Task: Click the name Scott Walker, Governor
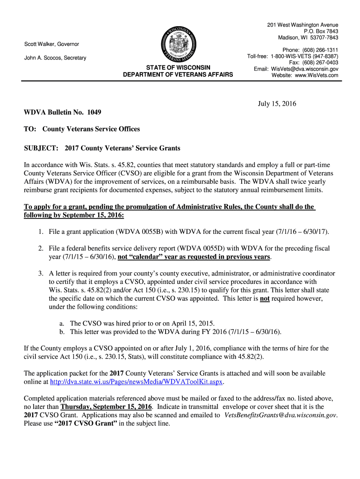point(51,44)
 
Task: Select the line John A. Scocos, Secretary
point(55,58)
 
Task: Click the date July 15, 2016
point(277,104)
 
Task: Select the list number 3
point(41,273)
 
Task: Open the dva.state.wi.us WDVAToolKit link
point(137,382)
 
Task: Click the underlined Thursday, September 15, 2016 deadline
point(106,407)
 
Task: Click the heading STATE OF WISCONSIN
point(178,67)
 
